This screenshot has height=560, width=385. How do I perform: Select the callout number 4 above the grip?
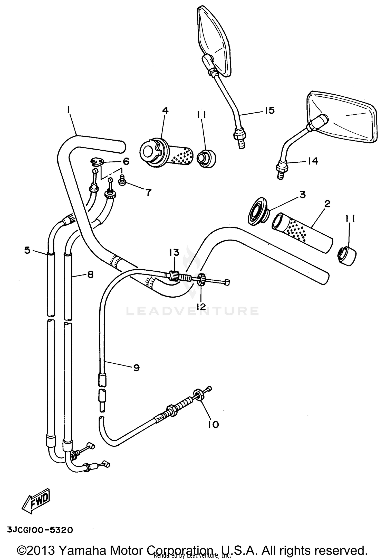(x=165, y=111)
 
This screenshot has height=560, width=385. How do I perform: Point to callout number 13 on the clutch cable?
(x=174, y=252)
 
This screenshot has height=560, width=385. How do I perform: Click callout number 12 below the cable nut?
(x=201, y=306)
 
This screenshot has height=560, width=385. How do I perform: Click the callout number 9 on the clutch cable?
(x=136, y=368)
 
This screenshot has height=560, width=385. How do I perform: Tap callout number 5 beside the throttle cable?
(x=27, y=250)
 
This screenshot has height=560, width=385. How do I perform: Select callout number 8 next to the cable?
(x=90, y=274)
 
